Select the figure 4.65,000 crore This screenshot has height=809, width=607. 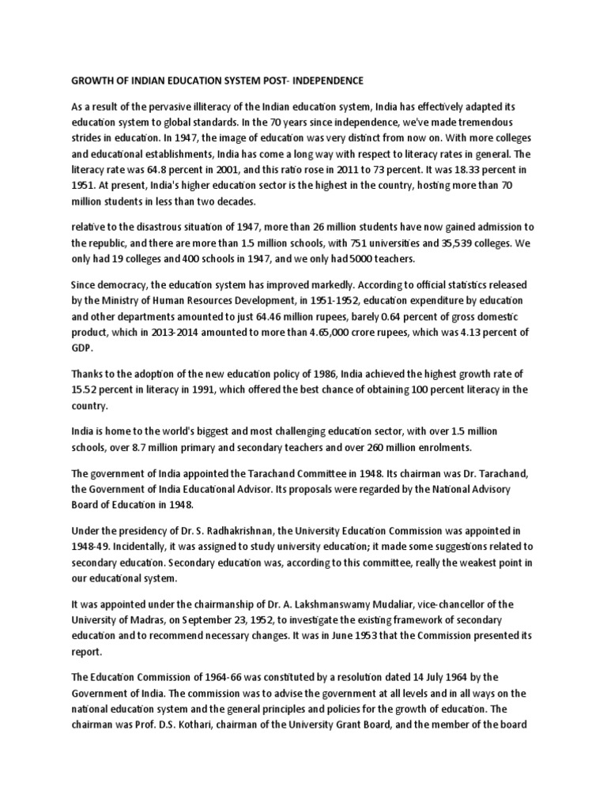(377, 332)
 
